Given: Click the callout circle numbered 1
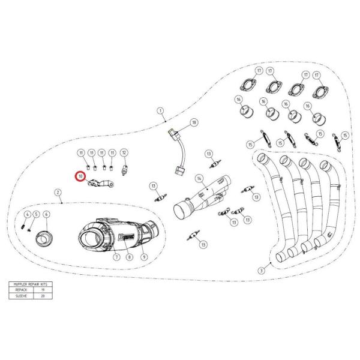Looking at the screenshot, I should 161,110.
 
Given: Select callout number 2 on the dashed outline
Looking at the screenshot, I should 58,193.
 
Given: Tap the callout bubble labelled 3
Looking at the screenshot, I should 261,269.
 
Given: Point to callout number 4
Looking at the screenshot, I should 27,215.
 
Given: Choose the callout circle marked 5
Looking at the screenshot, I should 36,215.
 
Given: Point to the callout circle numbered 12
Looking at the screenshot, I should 124,153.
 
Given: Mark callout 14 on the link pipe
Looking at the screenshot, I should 198,179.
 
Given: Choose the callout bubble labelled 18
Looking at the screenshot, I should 194,122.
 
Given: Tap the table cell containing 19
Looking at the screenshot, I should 44,289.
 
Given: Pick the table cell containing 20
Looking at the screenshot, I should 44,295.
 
